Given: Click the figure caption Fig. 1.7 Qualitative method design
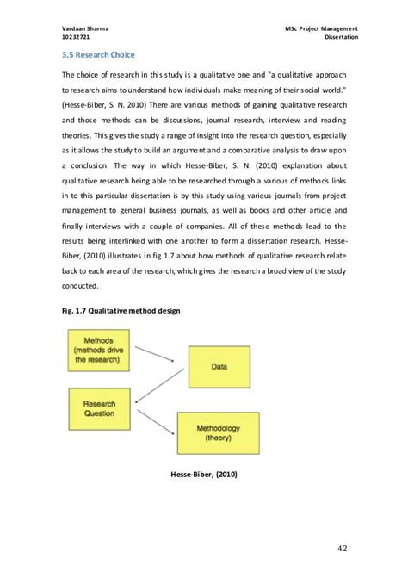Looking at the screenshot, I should click(x=114, y=309).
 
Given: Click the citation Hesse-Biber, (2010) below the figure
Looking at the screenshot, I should click(x=204, y=475).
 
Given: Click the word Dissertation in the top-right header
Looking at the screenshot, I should click(x=340, y=39).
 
